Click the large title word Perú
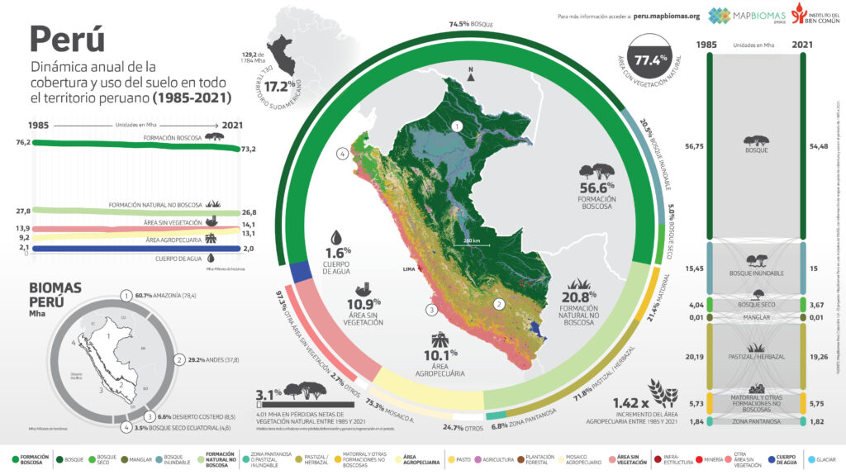point(67,39)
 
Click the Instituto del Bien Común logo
point(815,15)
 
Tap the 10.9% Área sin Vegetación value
point(364,305)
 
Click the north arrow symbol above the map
point(469,74)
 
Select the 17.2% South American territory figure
point(280,86)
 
